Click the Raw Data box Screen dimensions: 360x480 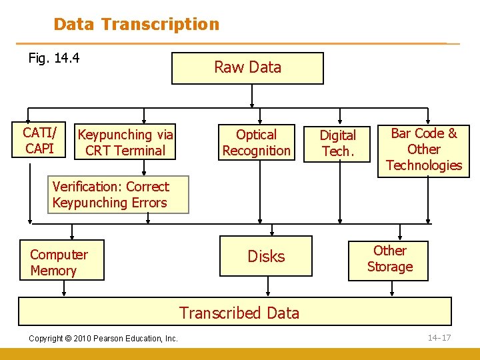click(247, 68)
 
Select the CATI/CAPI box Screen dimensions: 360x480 click(40, 140)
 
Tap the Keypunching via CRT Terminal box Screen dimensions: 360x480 click(125, 143)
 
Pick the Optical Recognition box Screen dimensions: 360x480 click(257, 143)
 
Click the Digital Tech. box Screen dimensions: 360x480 click(337, 143)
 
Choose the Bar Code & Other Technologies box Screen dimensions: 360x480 click(423, 149)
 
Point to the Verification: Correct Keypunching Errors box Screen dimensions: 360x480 click(111, 195)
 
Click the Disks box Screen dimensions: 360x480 click(266, 256)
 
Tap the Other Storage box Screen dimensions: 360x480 click(389, 259)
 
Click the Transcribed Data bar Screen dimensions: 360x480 click(239, 312)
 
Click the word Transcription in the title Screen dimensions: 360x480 click(160, 25)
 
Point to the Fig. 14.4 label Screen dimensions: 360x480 click(54, 58)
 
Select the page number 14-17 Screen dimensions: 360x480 click(439, 337)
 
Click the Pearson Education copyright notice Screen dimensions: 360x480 click(103, 339)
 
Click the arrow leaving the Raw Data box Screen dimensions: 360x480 click(252, 95)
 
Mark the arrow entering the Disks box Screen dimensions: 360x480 click(267, 230)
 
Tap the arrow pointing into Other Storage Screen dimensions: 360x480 click(399, 232)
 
